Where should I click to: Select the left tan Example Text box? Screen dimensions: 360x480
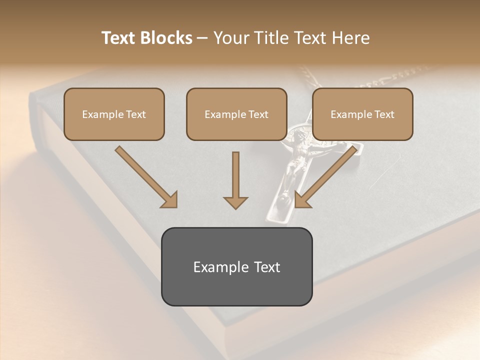[x=114, y=114]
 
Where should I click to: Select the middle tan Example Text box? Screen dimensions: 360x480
[x=236, y=114]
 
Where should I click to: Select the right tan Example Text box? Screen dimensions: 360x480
[x=362, y=114]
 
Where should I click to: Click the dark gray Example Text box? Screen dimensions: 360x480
[x=236, y=266]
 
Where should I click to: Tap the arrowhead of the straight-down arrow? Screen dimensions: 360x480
[x=235, y=202]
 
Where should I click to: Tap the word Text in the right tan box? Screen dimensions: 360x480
[x=384, y=114]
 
